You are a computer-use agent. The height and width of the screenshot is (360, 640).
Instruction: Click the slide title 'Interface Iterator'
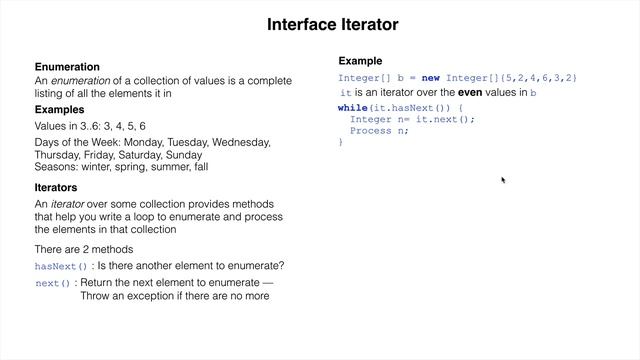click(x=332, y=24)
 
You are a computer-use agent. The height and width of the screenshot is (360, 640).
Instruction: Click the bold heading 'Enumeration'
click(x=67, y=66)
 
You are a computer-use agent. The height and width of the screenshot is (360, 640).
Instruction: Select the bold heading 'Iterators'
click(x=56, y=187)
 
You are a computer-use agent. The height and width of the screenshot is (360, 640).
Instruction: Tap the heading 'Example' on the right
click(x=360, y=61)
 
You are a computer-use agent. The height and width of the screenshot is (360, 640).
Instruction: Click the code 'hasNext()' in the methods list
click(x=61, y=267)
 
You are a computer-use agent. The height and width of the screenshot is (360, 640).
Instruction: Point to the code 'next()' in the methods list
click(x=52, y=284)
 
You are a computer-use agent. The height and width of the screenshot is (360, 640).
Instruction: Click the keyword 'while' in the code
click(x=353, y=106)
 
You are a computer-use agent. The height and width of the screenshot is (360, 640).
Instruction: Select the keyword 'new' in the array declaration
click(x=430, y=77)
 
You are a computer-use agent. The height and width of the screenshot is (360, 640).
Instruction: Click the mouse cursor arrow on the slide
click(x=503, y=180)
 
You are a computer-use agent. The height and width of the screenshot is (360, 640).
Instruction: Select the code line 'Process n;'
click(x=380, y=130)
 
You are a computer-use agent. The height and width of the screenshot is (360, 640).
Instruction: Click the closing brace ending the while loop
click(x=341, y=142)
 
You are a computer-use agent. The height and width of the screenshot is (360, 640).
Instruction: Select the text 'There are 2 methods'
click(x=83, y=249)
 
